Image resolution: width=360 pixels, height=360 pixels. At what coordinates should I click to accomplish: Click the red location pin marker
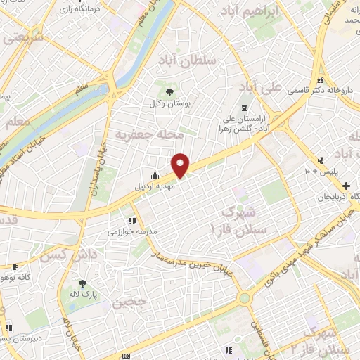181,165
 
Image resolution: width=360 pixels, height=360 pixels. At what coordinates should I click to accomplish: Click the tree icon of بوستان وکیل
169,91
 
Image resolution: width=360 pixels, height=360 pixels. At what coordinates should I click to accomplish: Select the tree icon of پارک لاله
83,283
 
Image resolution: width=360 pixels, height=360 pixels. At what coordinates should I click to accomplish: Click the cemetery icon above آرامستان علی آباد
243,108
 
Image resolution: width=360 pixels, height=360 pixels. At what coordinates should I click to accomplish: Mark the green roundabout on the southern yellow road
244,298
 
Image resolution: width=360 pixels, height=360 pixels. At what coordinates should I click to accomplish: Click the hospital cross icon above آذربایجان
345,185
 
